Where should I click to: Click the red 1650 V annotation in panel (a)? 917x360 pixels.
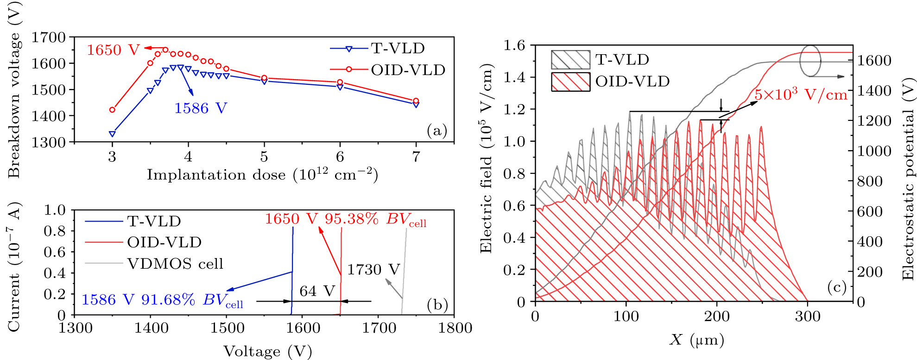click(113, 50)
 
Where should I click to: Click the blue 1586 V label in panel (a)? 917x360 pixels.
click(200, 108)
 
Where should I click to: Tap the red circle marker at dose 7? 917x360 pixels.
click(416, 101)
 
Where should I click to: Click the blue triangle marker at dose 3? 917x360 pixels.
click(112, 133)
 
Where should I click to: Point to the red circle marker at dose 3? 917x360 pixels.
click(112, 110)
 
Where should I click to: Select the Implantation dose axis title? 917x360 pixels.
click(262, 175)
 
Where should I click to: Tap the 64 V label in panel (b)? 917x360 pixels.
click(317, 291)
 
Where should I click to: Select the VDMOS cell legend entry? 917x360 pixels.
click(175, 264)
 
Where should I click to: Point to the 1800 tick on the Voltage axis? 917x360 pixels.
click(455, 328)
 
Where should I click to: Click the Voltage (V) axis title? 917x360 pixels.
click(267, 351)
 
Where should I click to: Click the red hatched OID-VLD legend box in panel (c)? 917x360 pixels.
click(570, 82)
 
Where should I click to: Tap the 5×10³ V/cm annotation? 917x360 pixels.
click(801, 95)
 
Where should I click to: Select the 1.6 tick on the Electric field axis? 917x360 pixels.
click(514, 45)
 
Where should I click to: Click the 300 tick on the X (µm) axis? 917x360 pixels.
click(808, 316)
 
